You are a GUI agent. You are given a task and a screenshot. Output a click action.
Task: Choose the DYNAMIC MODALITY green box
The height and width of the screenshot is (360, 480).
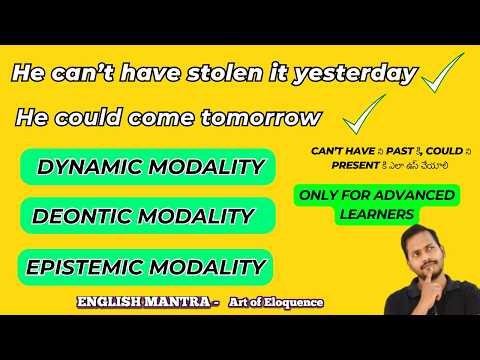tap(148, 166)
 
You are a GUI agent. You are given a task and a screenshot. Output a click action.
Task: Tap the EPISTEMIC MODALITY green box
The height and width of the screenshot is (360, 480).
tap(146, 266)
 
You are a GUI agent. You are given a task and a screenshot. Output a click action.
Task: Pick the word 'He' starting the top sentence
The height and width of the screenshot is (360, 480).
tap(29, 74)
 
